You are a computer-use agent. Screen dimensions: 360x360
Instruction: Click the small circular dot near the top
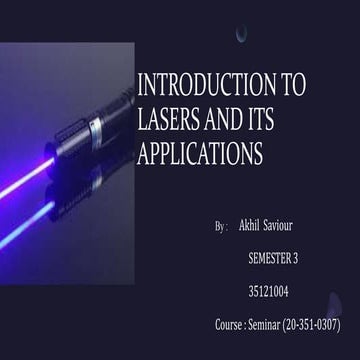(241, 34)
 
